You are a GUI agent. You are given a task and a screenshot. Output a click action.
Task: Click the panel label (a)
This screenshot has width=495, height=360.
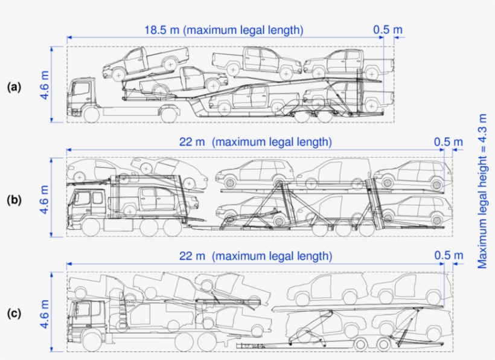tap(14, 87)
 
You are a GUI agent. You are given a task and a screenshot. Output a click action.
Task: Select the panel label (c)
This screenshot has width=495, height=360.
tap(14, 313)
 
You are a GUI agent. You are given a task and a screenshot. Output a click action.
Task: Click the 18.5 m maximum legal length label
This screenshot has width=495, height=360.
tap(223, 30)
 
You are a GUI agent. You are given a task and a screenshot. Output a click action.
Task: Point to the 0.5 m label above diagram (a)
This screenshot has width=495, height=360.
tap(388, 30)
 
